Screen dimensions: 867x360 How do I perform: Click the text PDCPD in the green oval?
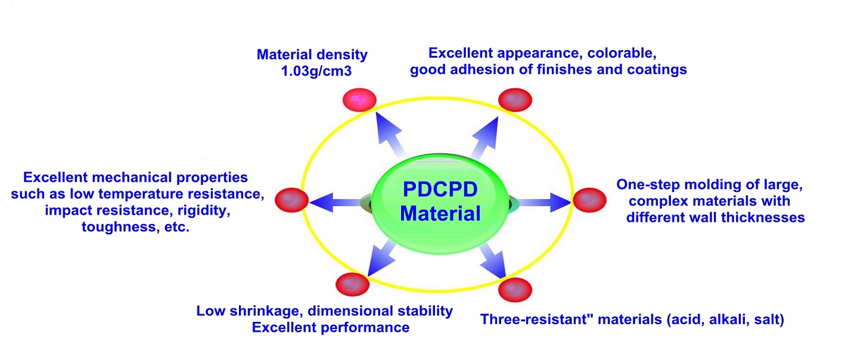pos(440,190)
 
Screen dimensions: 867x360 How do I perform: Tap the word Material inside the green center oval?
pos(440,213)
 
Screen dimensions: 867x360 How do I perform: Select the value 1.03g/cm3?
pos(316,72)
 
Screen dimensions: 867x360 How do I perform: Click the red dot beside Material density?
pos(359,100)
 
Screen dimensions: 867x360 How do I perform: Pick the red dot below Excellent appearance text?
pos(515,100)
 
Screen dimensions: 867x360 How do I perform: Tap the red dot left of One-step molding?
pos(589,200)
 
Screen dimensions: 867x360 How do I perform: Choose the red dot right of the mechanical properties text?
pos(291,200)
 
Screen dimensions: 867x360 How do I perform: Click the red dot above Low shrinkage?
pos(353,284)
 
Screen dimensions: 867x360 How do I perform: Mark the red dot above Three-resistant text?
pos(515,290)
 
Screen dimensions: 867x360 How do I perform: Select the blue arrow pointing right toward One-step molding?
pos(544,202)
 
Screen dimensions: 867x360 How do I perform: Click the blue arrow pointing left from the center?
pos(336,202)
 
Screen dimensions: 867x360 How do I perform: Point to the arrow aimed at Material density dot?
pos(389,135)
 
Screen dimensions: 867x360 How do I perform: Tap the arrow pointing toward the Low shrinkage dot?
pos(381,258)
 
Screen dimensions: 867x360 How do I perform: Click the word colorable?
pos(621,53)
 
